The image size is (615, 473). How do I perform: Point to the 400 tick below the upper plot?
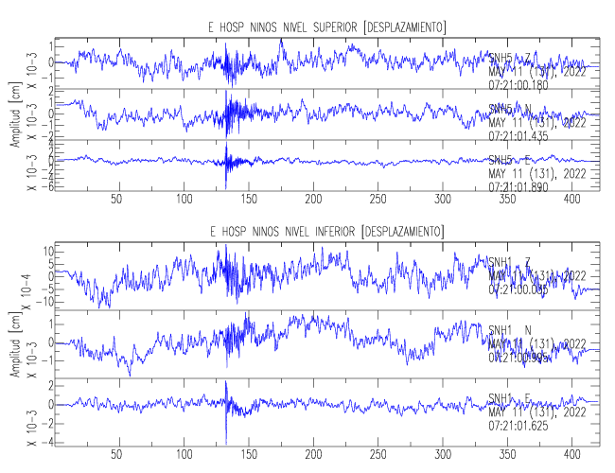(571, 200)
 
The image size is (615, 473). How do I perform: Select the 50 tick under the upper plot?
(117, 200)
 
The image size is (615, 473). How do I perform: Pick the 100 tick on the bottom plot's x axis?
(183, 453)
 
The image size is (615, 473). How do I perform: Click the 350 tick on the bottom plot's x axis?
(507, 453)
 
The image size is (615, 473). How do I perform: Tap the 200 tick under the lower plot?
(312, 453)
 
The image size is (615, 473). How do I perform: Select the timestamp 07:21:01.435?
(518, 135)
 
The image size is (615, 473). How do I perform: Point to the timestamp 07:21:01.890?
(518, 186)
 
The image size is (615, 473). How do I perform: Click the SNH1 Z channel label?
(511, 262)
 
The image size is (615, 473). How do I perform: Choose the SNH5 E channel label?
(511, 161)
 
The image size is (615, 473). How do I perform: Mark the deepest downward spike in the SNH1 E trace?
(227, 443)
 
